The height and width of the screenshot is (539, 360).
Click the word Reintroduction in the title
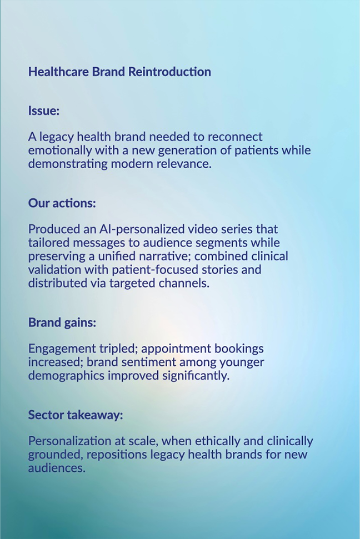click(169, 72)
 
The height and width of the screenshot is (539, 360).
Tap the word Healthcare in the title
click(58, 72)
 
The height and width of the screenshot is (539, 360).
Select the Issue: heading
click(44, 110)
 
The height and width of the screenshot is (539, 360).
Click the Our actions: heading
click(62, 203)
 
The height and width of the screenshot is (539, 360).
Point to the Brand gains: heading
click(62, 323)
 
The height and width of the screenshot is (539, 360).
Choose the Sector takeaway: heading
click(76, 415)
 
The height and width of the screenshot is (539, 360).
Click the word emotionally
click(60, 150)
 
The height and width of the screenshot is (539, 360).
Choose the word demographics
click(66, 375)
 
